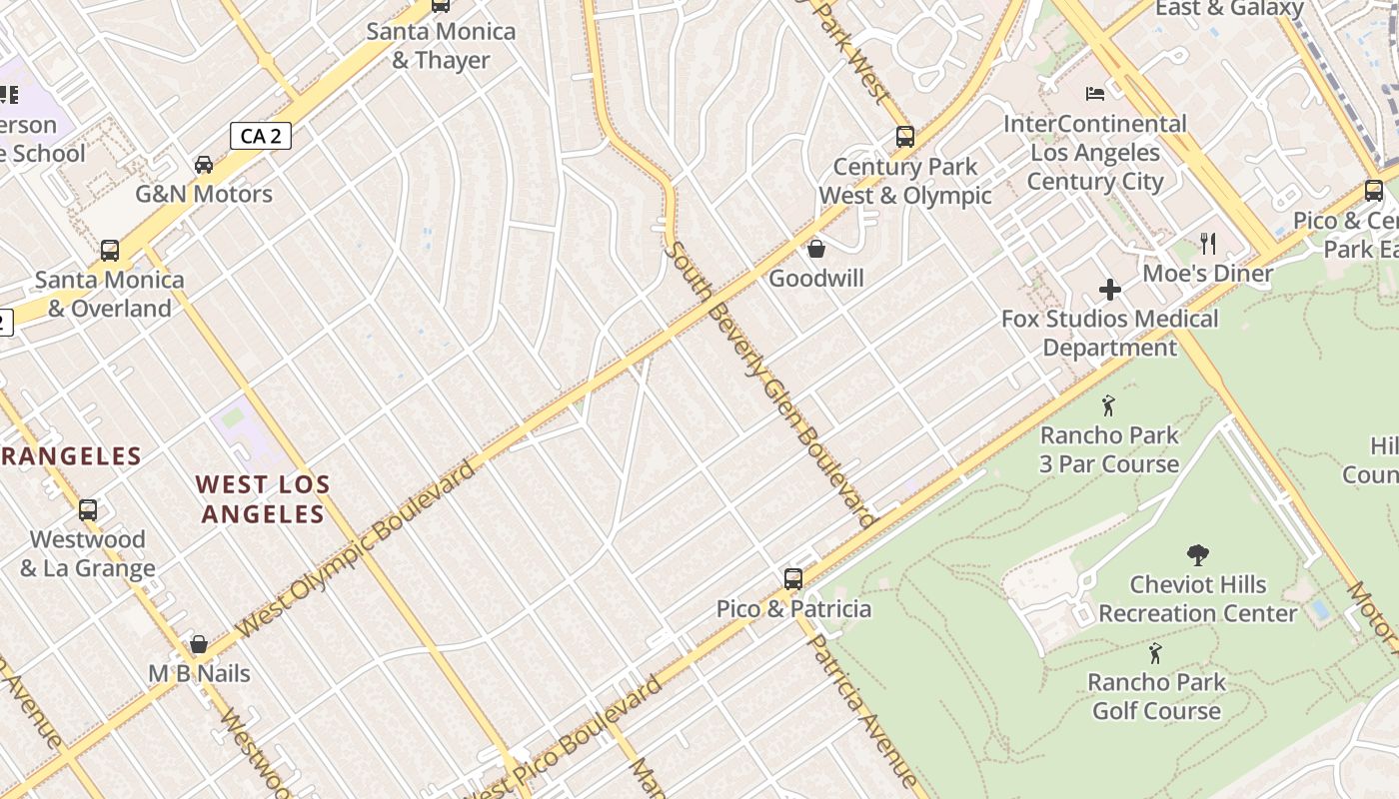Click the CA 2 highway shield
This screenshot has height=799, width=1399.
pyautogui.click(x=261, y=136)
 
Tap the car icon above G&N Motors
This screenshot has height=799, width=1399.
pyautogui.click(x=204, y=165)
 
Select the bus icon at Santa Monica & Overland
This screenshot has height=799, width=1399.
pyautogui.click(x=110, y=251)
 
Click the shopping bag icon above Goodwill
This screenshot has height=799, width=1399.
pyautogui.click(x=816, y=249)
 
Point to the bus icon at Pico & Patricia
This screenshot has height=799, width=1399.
pyautogui.click(x=793, y=579)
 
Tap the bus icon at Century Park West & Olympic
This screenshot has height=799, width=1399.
pyautogui.click(x=905, y=137)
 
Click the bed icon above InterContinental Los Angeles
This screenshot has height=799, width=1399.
pyautogui.click(x=1095, y=94)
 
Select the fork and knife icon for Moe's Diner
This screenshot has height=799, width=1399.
pyautogui.click(x=1208, y=243)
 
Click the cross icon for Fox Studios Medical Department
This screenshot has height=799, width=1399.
pyautogui.click(x=1109, y=290)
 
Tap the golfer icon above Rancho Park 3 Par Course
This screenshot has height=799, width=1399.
pyautogui.click(x=1108, y=405)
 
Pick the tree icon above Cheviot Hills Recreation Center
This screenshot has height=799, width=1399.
pyautogui.click(x=1197, y=555)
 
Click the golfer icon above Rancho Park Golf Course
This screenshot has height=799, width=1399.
pyautogui.click(x=1155, y=653)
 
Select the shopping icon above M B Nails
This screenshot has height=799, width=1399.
pyautogui.click(x=199, y=644)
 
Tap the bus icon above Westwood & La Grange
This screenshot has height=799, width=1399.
pyautogui.click(x=88, y=510)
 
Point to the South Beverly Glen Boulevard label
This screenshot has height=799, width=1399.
pyautogui.click(x=769, y=384)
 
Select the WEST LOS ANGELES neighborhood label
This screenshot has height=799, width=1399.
pyautogui.click(x=262, y=499)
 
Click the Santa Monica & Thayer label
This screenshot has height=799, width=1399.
pyautogui.click(x=441, y=45)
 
